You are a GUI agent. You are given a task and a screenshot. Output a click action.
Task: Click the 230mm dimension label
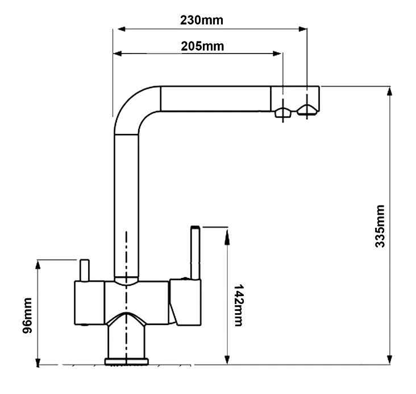[x=202, y=20]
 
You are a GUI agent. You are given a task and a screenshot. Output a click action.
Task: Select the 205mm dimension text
[x=202, y=46]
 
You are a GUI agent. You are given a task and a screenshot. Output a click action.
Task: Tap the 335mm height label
[x=380, y=226]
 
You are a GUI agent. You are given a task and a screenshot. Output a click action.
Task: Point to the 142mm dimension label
[x=238, y=305]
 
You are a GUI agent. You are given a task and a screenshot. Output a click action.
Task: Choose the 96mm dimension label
[x=27, y=315]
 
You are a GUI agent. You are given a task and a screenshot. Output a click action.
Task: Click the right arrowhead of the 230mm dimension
[x=303, y=29]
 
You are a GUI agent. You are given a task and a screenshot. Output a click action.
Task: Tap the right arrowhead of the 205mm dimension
[x=277, y=54]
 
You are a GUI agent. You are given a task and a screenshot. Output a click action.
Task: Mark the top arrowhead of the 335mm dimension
[x=389, y=91]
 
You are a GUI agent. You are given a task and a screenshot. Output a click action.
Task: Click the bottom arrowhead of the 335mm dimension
[x=389, y=360]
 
